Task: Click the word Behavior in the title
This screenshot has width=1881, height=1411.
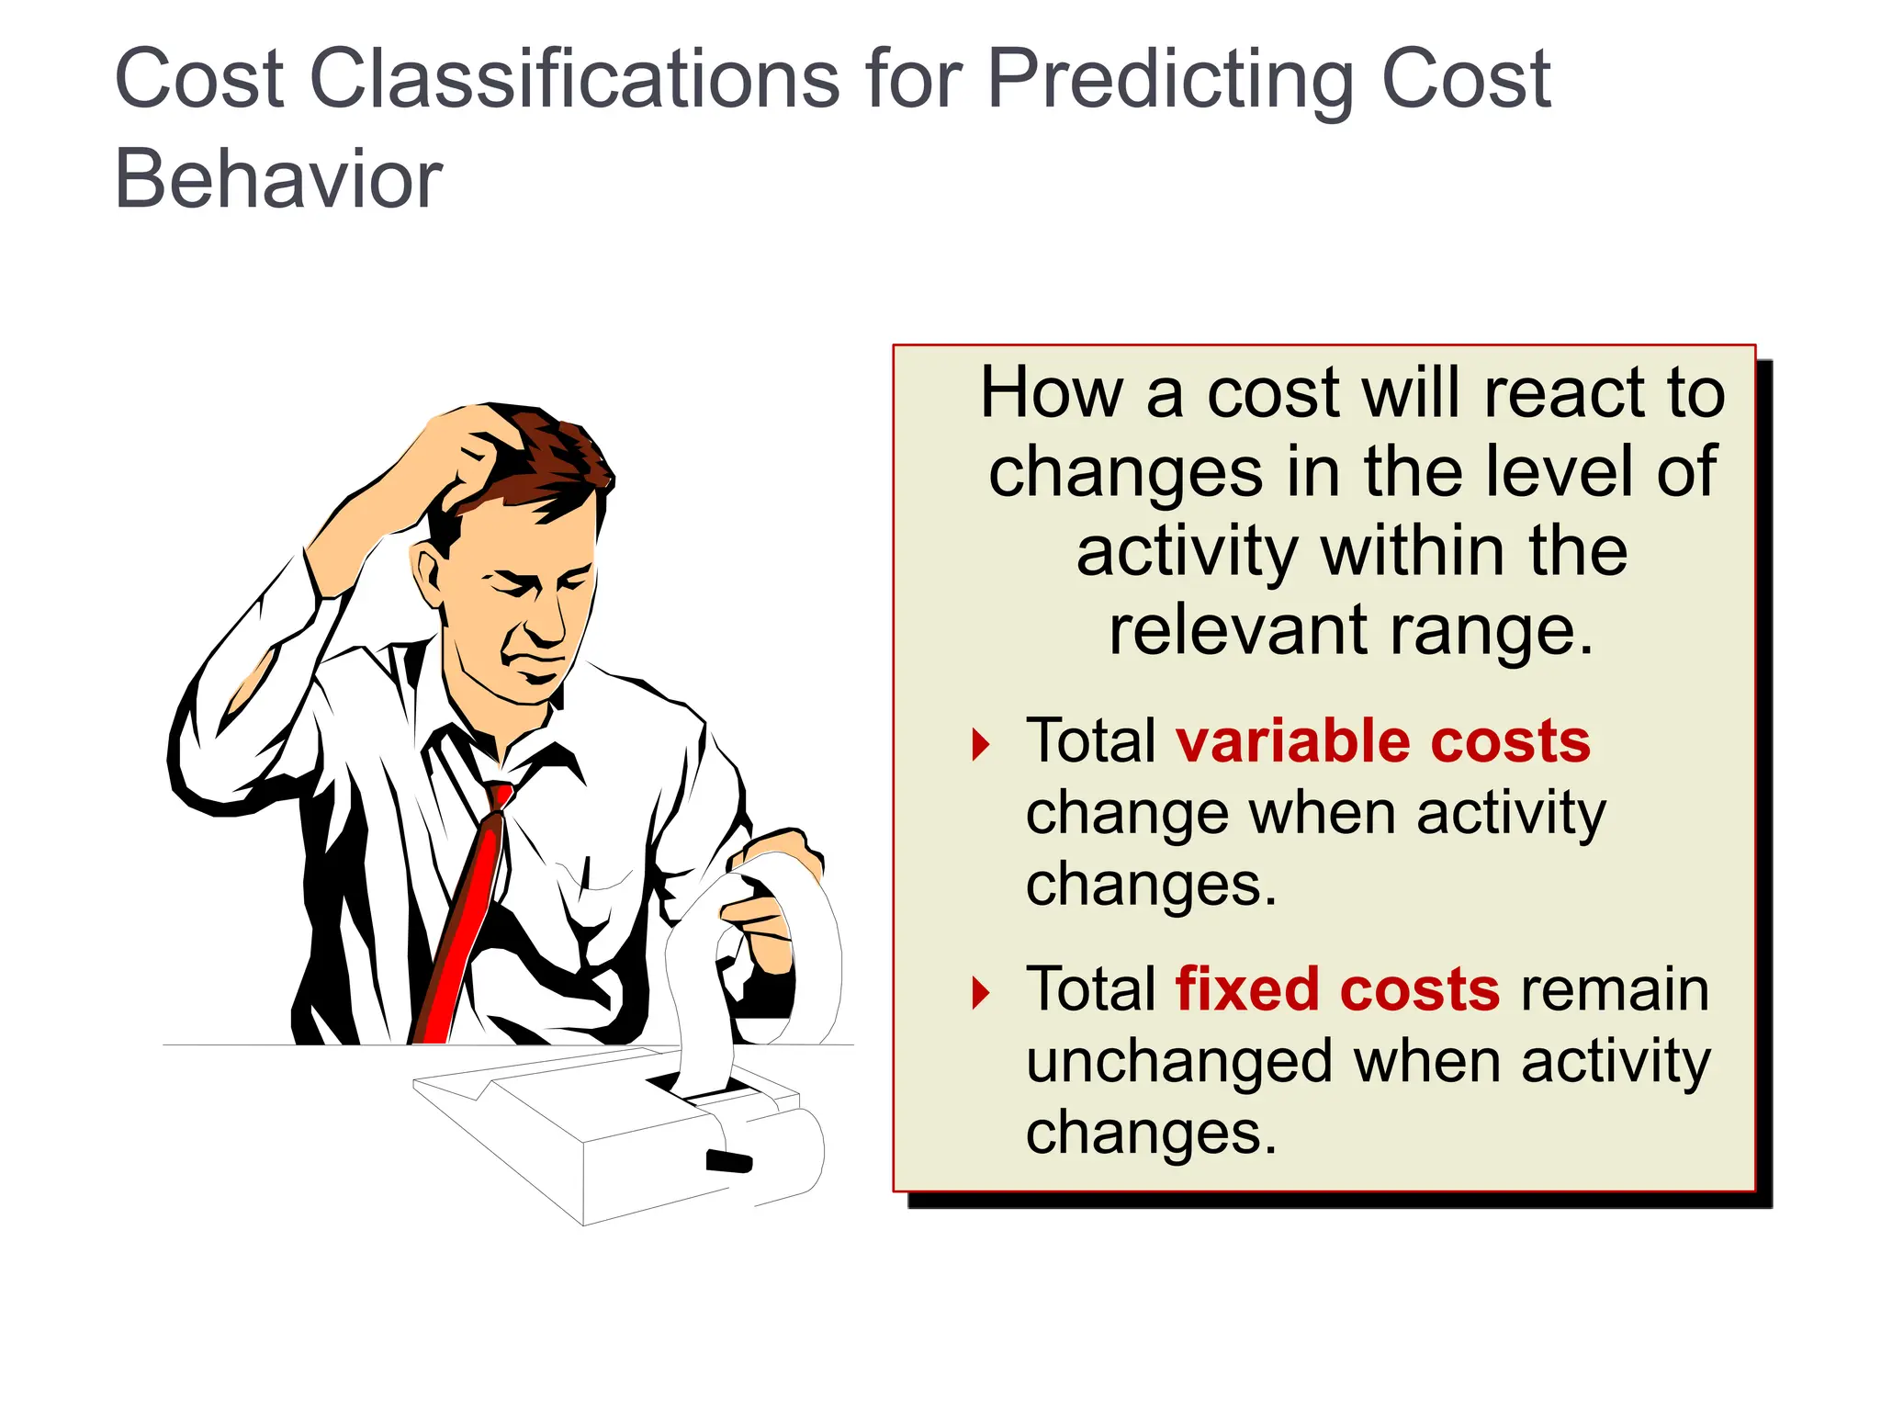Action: tap(278, 179)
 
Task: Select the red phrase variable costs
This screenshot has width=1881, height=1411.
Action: tap(1383, 741)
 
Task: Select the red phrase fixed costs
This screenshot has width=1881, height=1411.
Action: tap(1337, 989)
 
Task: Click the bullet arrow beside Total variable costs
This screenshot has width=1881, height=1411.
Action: tap(981, 744)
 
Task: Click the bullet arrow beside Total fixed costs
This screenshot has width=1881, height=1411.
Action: tap(981, 992)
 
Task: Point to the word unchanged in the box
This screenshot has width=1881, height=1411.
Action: tap(1178, 1062)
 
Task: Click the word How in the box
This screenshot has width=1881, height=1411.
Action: tap(1051, 393)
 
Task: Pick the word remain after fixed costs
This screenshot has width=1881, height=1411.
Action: tap(1615, 989)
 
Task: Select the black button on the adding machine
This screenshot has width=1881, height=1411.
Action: tap(728, 1161)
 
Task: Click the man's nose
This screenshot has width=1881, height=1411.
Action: tap(548, 625)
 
